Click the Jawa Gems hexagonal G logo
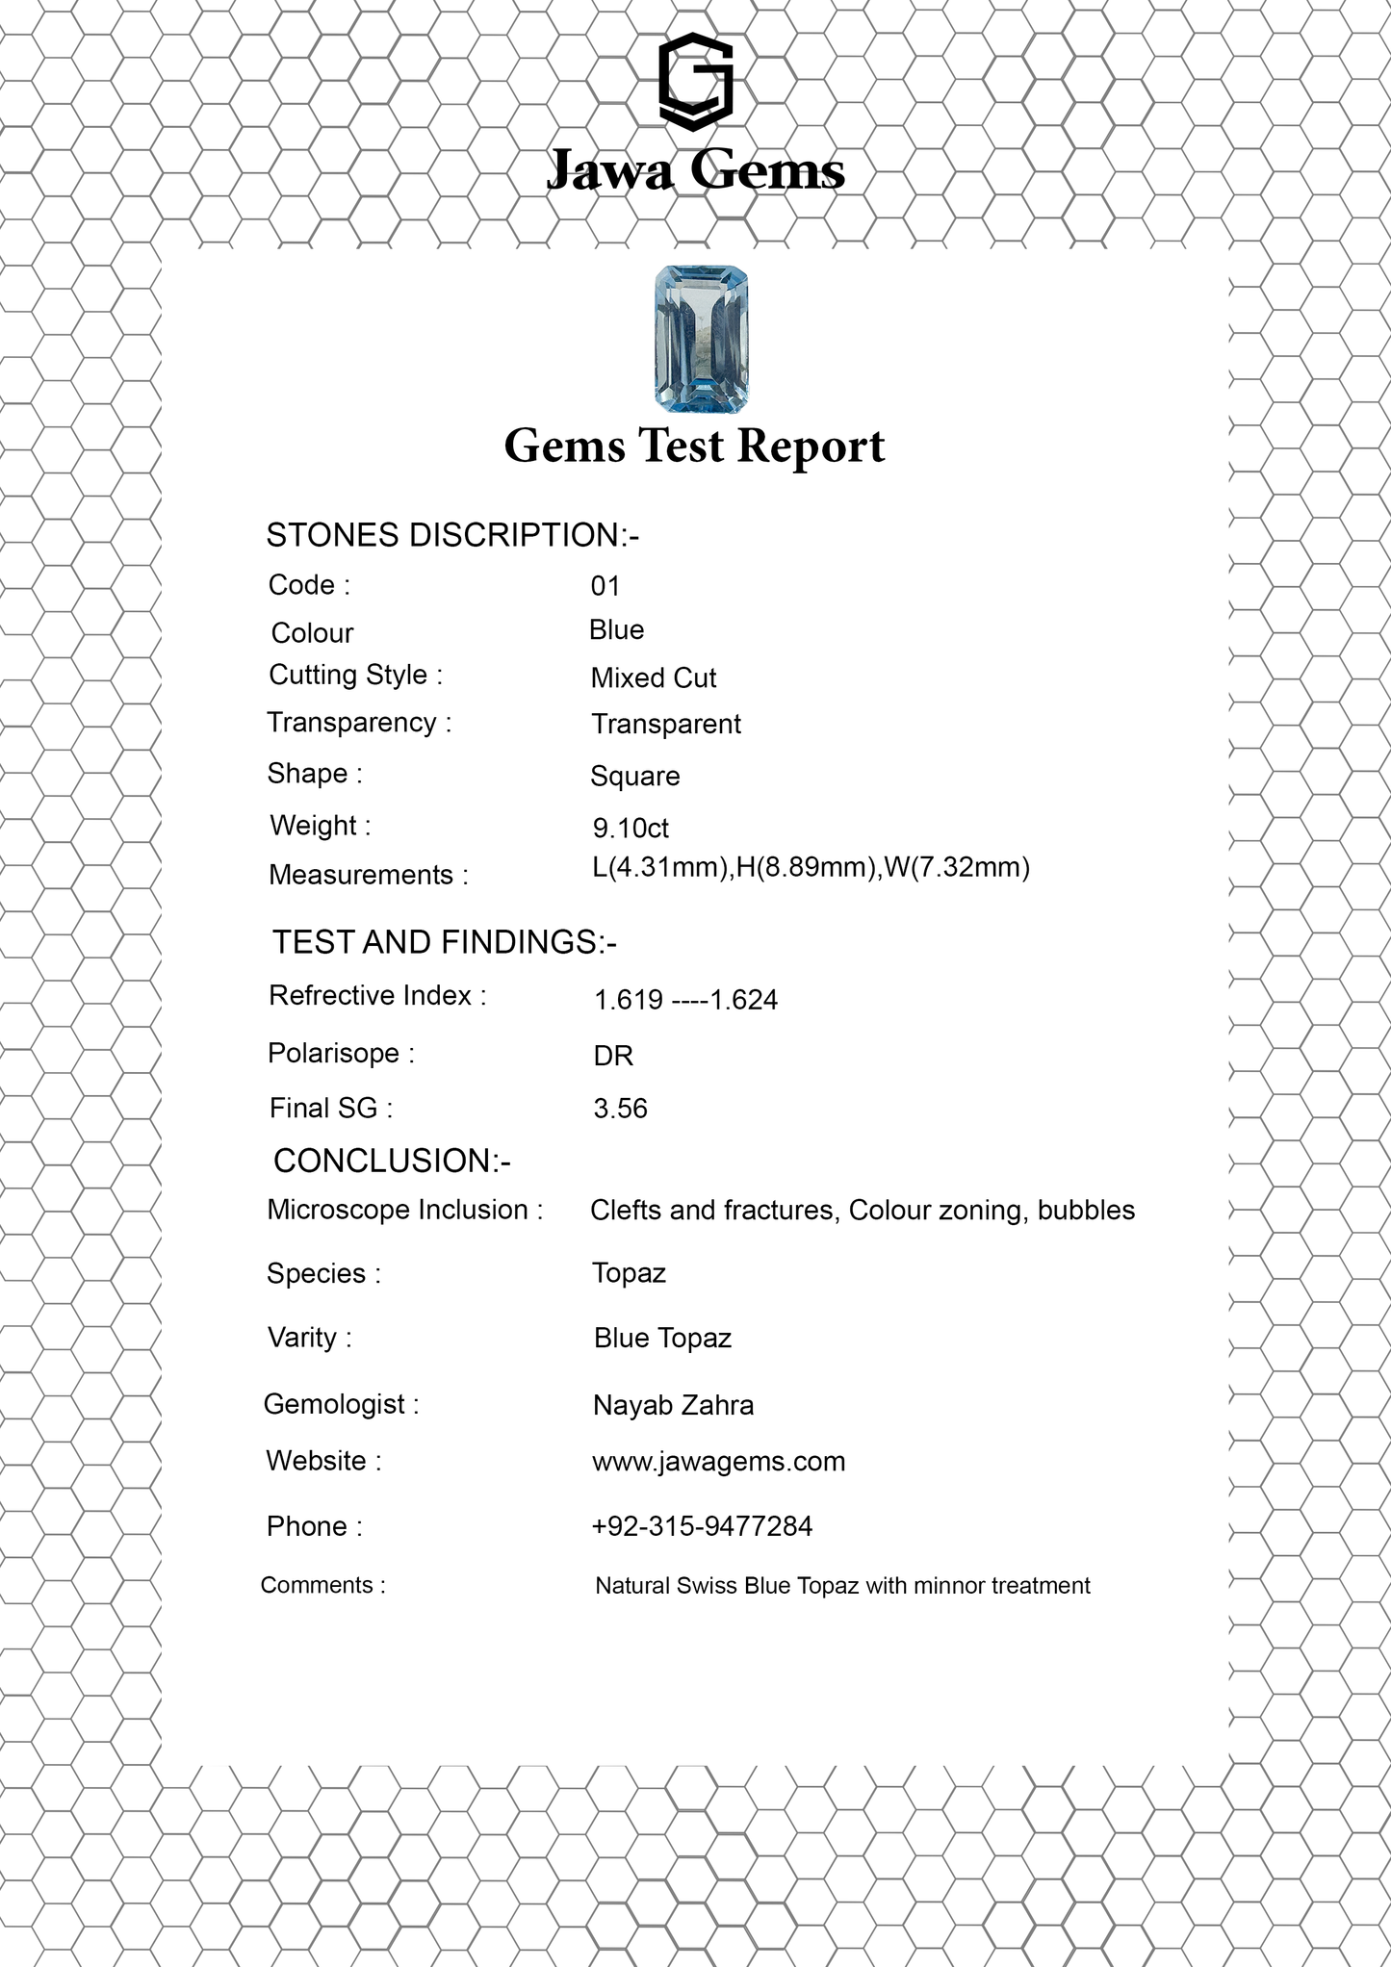tap(695, 82)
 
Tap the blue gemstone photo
tap(701, 339)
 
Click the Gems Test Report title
tap(694, 447)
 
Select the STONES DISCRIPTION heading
tap(452, 535)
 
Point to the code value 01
tap(605, 586)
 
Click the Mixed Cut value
tap(654, 678)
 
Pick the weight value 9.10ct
tap(631, 828)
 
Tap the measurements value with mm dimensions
tap(811, 867)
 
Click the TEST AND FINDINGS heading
tap(444, 942)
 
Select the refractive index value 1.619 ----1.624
tap(685, 1001)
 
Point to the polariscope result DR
tap(613, 1057)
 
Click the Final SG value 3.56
tap(620, 1109)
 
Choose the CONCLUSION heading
tap(392, 1161)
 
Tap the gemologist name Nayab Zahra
tap(673, 1405)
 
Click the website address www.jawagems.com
tap(718, 1462)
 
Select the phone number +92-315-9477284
tap(702, 1526)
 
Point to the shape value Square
tap(634, 777)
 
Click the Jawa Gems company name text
tap(695, 171)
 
